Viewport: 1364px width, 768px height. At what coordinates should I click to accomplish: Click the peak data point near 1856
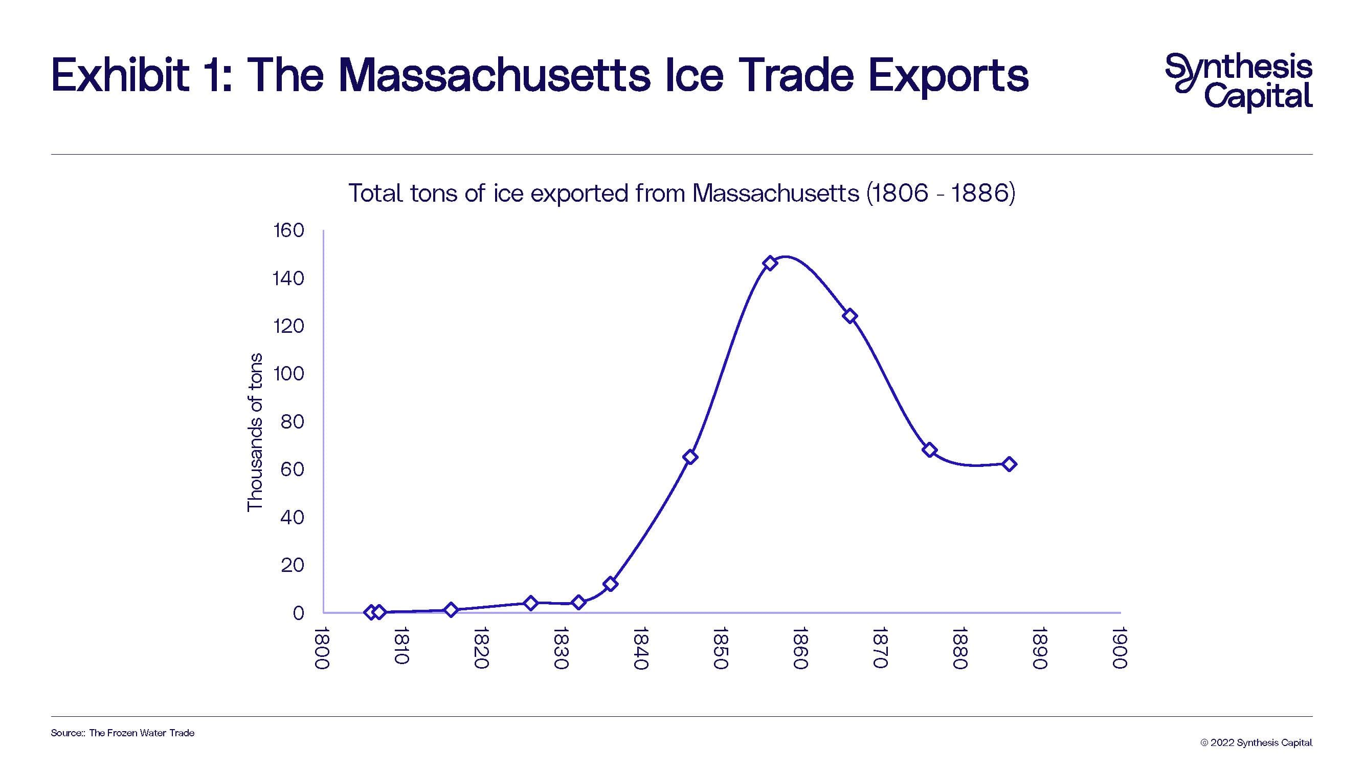point(770,263)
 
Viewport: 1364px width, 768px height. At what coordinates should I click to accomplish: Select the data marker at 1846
point(690,457)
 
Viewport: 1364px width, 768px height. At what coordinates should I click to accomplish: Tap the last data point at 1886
point(1009,464)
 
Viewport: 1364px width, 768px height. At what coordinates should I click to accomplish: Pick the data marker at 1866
point(850,316)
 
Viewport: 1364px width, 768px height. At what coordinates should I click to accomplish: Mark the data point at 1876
point(929,450)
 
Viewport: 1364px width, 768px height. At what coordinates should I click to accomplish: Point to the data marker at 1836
point(610,584)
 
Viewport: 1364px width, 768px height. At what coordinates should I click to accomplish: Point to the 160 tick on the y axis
point(288,230)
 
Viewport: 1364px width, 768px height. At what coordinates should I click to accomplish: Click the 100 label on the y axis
point(288,374)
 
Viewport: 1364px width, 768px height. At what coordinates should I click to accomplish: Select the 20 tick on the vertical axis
point(293,566)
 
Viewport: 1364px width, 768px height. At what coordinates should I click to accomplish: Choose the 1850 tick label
point(720,647)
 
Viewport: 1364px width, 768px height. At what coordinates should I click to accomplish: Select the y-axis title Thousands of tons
point(255,432)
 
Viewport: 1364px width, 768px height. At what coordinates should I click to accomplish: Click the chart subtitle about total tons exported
point(681,193)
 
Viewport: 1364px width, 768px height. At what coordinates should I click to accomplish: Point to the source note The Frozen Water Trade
point(141,733)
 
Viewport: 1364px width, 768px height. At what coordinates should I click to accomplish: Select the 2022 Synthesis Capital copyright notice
point(1256,742)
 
